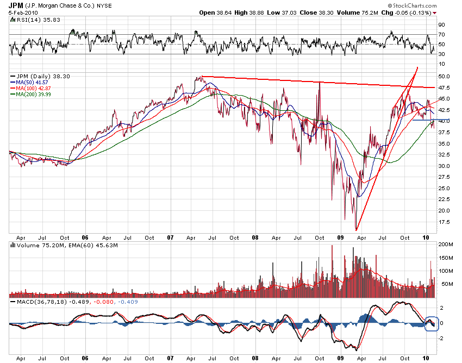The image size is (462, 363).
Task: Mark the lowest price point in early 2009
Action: tap(356, 230)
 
